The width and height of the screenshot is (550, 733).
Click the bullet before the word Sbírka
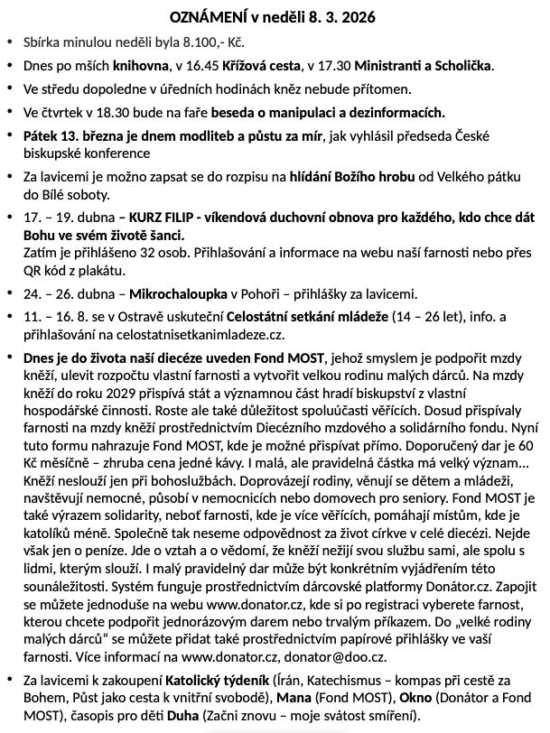click(x=8, y=42)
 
